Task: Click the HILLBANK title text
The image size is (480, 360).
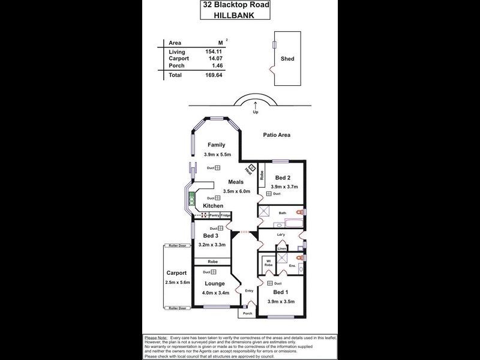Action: click(x=239, y=17)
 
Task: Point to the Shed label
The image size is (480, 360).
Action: click(x=287, y=59)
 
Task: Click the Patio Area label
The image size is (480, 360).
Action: click(x=277, y=135)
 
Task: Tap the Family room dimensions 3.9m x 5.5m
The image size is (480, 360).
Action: click(x=217, y=155)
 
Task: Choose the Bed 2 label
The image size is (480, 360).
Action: click(x=283, y=178)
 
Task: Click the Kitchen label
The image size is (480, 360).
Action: click(x=212, y=206)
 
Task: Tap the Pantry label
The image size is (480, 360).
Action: click(x=214, y=215)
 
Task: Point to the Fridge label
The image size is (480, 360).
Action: click(x=225, y=215)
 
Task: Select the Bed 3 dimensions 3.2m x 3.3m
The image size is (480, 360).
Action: click(x=212, y=245)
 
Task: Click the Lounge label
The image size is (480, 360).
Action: click(x=214, y=284)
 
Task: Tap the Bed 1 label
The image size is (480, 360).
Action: click(x=281, y=292)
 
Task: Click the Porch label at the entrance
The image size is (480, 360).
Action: click(x=246, y=314)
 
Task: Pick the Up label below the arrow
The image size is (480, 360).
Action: click(x=256, y=112)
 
